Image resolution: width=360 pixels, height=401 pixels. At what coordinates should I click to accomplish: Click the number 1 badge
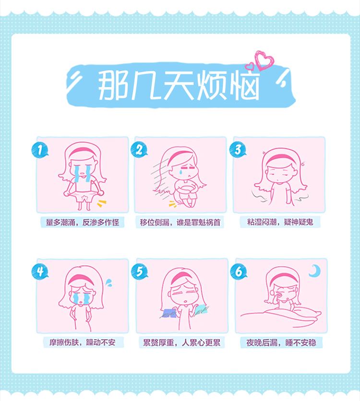[x=40, y=150]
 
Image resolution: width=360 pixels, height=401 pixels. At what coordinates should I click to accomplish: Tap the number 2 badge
[x=139, y=150]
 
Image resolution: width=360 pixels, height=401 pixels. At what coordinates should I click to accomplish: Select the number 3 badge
[x=238, y=150]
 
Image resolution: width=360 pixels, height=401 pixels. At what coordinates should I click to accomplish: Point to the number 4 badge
[x=40, y=271]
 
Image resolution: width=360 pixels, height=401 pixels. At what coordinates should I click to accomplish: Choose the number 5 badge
[x=139, y=271]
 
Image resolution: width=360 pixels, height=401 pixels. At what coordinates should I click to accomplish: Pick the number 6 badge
[x=239, y=271]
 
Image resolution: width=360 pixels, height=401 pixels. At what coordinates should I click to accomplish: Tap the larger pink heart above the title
[x=264, y=60]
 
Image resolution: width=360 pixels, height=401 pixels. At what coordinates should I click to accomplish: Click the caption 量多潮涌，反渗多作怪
[x=83, y=222]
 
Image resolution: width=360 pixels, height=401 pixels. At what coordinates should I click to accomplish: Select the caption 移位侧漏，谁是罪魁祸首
[x=180, y=222]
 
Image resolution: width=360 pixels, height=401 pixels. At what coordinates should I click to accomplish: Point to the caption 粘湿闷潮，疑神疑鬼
[x=280, y=222]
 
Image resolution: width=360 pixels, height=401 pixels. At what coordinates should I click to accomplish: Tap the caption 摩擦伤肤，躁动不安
[x=83, y=342]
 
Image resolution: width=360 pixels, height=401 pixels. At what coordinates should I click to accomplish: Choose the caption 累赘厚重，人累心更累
[x=181, y=342]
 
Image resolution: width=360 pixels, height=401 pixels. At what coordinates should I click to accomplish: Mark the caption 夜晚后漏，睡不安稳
[x=281, y=342]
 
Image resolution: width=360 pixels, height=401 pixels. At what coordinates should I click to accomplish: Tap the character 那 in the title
[x=113, y=85]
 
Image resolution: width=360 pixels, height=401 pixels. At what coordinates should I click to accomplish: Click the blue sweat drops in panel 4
[x=109, y=283]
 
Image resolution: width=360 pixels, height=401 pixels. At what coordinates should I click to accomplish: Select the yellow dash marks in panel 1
[x=102, y=203]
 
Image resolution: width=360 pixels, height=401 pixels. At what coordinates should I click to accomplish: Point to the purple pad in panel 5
[x=169, y=313]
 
